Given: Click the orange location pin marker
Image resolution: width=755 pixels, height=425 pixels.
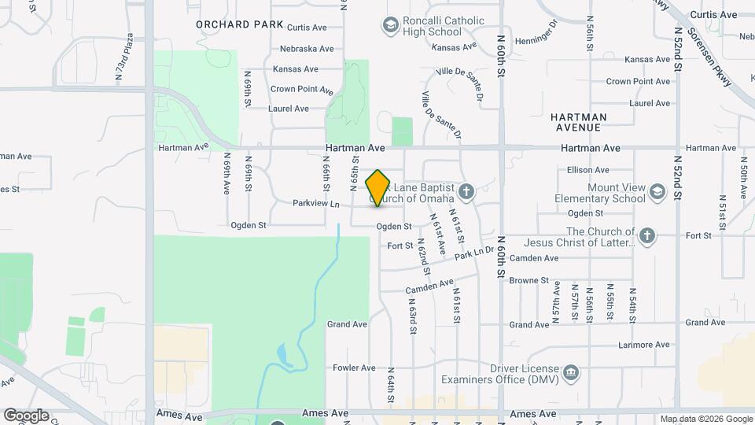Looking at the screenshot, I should coord(378,188).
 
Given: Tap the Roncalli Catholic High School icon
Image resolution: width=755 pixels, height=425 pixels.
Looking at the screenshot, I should coord(389,27).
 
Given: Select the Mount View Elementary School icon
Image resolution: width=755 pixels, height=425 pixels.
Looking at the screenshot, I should coord(657,191).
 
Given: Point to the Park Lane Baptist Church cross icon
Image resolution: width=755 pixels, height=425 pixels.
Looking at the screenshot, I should coord(466,191).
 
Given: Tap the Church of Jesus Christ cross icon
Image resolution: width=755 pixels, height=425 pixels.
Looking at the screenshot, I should coord(646,235).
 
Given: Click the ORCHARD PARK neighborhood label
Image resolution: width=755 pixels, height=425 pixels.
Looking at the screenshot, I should coord(240,24).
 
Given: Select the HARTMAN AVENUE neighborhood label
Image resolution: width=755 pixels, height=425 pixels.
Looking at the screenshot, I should coord(585,122).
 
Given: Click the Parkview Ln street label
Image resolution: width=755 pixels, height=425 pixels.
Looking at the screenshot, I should coord(315,205).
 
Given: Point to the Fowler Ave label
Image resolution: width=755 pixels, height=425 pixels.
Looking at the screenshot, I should coord(354,368).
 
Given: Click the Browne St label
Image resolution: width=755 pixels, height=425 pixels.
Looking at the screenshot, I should coord(528,280).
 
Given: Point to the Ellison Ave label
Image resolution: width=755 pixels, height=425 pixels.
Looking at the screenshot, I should coord(588,170).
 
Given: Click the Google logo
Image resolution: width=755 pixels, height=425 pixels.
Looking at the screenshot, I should coord(26,415).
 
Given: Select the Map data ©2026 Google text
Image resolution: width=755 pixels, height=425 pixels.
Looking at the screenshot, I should coord(706,419).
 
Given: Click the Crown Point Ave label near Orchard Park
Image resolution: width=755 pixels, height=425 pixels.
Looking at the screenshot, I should coord(302,90).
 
